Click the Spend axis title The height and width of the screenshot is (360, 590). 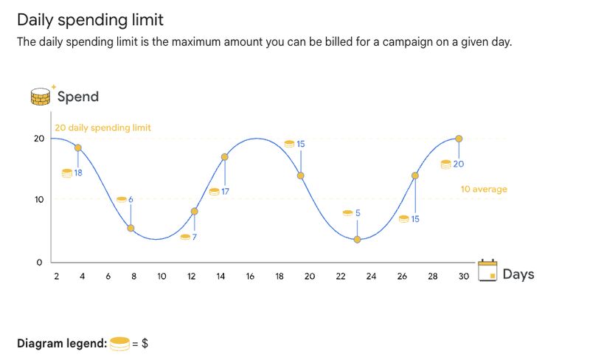coord(77,97)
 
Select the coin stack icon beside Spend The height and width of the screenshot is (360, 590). coord(41,96)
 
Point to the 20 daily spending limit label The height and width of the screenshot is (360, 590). coord(103,128)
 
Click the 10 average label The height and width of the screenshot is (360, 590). coord(484,190)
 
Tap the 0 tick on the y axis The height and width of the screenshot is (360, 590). coord(38,262)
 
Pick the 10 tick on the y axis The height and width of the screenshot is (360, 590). coord(38,200)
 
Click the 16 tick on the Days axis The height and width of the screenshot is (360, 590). coord(250,276)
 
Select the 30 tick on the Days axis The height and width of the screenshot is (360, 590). coord(463,276)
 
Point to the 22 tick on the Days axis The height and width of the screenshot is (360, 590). coord(341,276)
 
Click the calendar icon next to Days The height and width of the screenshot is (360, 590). coord(486,271)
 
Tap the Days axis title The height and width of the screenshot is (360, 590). coord(518,274)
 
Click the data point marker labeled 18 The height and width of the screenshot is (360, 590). coord(77,148)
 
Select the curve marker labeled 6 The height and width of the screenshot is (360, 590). coord(131,228)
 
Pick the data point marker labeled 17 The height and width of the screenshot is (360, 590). coord(224,156)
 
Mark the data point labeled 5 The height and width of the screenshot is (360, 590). coord(357,239)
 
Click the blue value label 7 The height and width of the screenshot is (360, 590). coord(194,237)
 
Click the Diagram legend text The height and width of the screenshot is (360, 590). coord(62,344)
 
